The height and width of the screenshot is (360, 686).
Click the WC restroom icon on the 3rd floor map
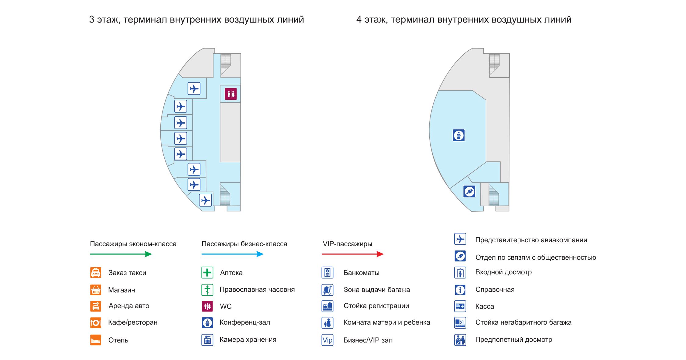click(x=231, y=94)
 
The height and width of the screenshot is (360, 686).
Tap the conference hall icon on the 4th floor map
click(x=459, y=135)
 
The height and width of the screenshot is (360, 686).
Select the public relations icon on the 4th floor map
click(x=469, y=192)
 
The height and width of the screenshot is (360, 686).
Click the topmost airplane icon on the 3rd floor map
click(x=194, y=89)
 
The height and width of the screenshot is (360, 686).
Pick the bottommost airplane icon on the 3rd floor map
click(x=205, y=200)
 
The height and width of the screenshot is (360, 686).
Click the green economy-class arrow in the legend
click(x=121, y=254)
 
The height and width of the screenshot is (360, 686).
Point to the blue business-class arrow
click(x=232, y=254)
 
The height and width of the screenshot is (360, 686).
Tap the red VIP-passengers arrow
click(x=352, y=254)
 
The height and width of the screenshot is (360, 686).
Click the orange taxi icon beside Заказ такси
click(x=95, y=272)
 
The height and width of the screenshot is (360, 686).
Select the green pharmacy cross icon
click(x=207, y=272)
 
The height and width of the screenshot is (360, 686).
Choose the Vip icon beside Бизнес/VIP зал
click(x=327, y=340)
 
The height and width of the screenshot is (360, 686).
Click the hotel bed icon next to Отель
click(x=95, y=340)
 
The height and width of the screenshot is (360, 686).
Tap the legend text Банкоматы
click(x=361, y=273)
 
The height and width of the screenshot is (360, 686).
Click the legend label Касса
click(x=484, y=306)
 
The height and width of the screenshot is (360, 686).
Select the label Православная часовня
click(x=257, y=290)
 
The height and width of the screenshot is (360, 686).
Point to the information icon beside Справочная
click(x=460, y=290)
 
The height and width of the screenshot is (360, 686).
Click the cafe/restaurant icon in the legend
click(x=95, y=322)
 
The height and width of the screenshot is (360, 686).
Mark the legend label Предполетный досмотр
click(x=513, y=340)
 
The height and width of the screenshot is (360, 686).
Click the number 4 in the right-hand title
click(x=359, y=20)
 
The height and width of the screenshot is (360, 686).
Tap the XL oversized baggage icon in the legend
click(x=460, y=322)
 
